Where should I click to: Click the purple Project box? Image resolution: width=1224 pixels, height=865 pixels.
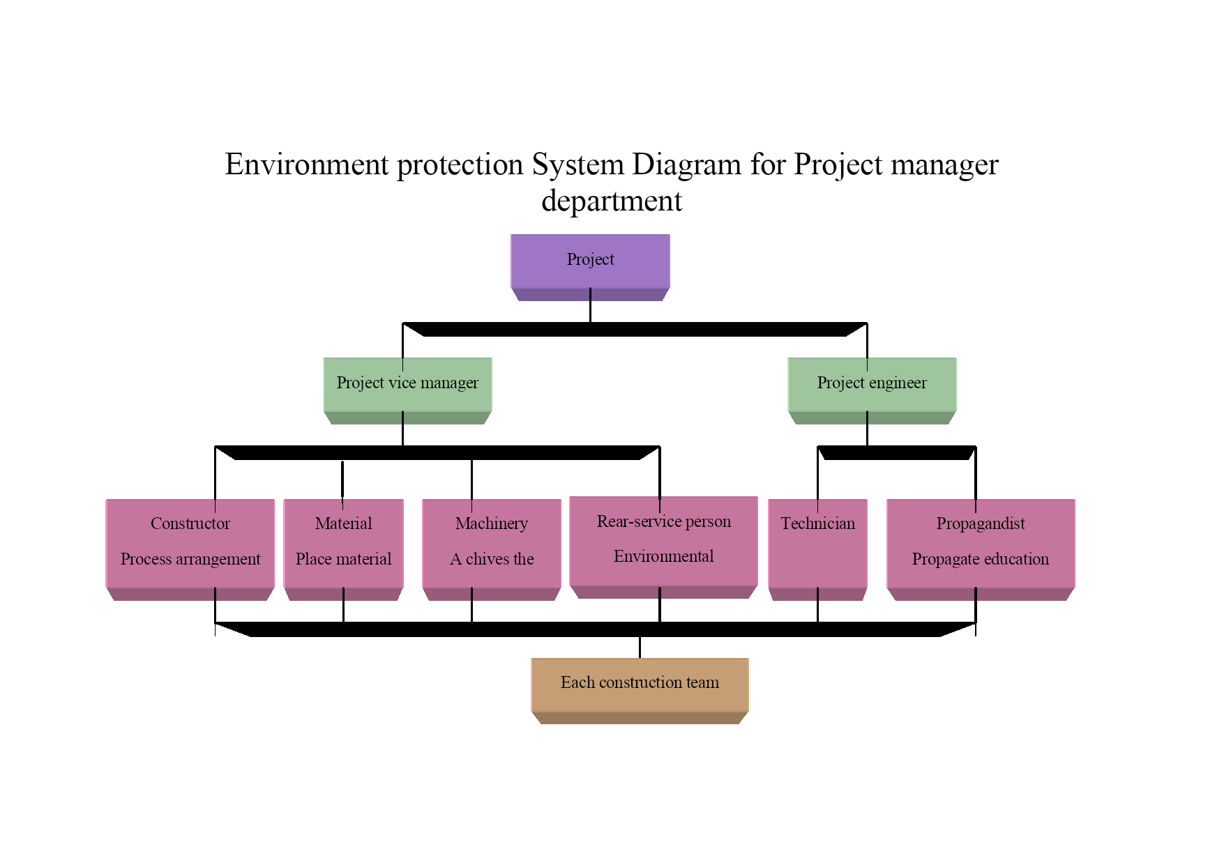(590, 267)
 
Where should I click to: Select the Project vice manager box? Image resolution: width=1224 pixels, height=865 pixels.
(407, 390)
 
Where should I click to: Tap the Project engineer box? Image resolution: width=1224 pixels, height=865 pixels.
(872, 390)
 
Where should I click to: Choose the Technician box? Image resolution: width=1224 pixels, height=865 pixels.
(817, 549)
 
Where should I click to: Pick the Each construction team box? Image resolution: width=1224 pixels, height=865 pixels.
(640, 690)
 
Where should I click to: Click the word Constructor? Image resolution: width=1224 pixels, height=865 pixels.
(190, 523)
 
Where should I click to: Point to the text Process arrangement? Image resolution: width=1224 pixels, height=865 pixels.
(190, 559)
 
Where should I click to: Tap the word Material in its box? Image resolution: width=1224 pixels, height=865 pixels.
(343, 523)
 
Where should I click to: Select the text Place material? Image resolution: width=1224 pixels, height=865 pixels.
(343, 559)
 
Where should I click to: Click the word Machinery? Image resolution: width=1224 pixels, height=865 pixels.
(492, 523)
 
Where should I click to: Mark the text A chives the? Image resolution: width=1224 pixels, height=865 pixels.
(492, 559)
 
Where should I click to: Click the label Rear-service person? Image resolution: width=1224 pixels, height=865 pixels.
(664, 521)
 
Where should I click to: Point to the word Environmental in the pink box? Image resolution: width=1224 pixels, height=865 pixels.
(664, 556)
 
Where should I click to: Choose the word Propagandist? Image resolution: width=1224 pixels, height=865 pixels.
(981, 523)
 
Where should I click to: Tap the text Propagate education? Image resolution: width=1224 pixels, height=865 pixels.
(981, 559)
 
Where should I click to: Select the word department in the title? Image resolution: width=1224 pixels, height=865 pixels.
(612, 201)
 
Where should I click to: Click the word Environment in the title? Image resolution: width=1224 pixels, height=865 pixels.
(307, 164)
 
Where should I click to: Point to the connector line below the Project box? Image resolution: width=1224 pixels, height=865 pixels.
(590, 305)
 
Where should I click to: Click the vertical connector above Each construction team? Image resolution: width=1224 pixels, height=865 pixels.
(640, 647)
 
